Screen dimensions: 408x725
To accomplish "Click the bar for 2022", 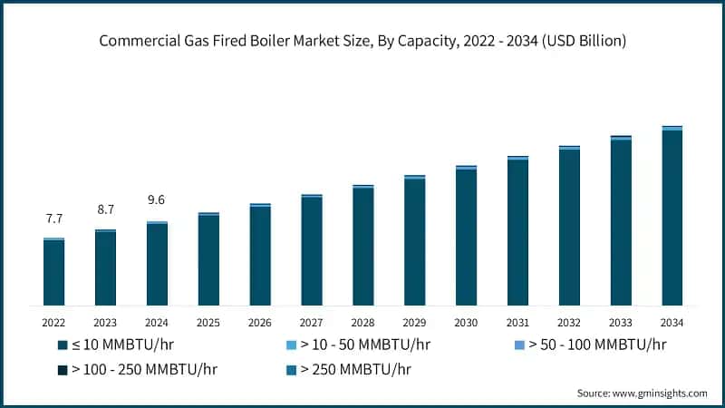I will (53, 272).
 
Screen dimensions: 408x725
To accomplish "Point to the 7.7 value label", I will (53, 219).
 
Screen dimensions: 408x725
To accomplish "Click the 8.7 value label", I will (105, 209).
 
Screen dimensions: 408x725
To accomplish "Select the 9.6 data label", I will (157, 200).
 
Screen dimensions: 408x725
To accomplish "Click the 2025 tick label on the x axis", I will (208, 323).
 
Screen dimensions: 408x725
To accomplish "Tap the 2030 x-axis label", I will (466, 323).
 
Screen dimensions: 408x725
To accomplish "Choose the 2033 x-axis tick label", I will (621, 323).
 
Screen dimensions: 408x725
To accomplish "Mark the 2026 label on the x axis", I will (260, 323).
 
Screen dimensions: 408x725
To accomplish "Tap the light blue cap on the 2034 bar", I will (672, 129).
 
